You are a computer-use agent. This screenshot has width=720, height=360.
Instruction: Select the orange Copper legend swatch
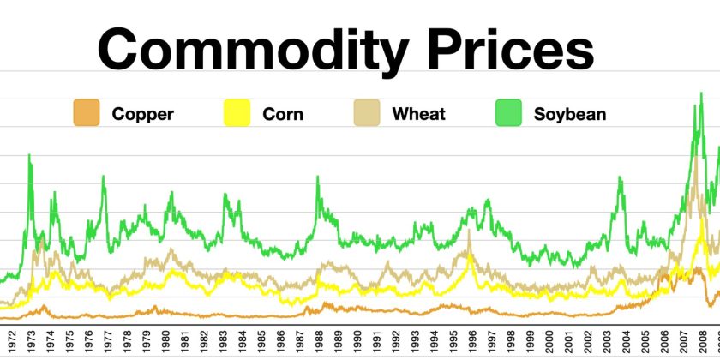pyautogui.click(x=87, y=113)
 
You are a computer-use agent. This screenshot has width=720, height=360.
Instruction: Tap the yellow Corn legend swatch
pyautogui.click(x=237, y=113)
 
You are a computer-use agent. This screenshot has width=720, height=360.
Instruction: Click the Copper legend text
pyautogui.click(x=142, y=113)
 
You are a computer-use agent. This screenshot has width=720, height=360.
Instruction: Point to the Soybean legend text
pyautogui.click(x=570, y=113)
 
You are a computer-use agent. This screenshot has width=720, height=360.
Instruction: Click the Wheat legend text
pyautogui.click(x=418, y=113)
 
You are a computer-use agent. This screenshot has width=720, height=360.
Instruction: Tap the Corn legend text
pyautogui.click(x=282, y=113)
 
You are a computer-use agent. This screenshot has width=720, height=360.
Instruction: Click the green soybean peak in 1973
pyautogui.click(x=30, y=156)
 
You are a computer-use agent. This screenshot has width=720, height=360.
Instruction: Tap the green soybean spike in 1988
pyautogui.click(x=318, y=177)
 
